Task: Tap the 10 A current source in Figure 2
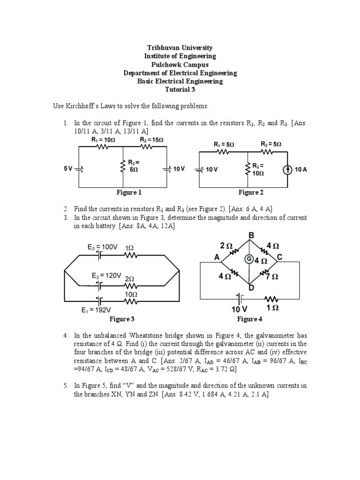(286, 169)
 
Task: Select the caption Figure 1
(129, 193)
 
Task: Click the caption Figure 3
(122, 319)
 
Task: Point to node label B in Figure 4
(250, 235)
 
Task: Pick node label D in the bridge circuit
(251, 288)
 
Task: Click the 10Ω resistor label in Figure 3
(131, 294)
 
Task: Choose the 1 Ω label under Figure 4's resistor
(273, 308)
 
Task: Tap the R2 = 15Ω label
(151, 139)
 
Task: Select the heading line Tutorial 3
(180, 90)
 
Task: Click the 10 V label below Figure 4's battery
(239, 309)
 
